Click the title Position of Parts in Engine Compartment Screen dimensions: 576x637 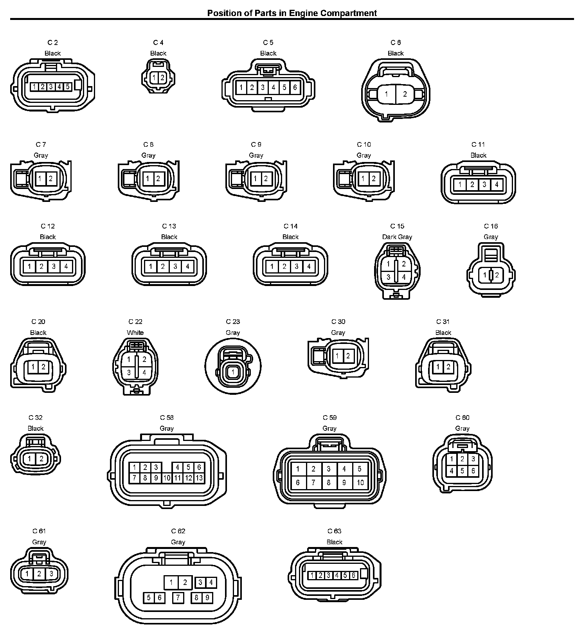(x=292, y=13)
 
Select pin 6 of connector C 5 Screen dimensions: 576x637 (x=295, y=88)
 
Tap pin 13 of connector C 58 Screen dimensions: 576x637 (x=199, y=477)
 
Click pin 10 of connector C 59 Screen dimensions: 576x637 (x=360, y=482)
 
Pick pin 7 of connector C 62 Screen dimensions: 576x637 (x=178, y=598)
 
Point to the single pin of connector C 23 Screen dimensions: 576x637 (x=233, y=372)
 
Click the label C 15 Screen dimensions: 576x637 (x=397, y=226)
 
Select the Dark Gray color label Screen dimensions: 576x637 (x=397, y=237)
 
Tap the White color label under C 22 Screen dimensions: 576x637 (x=135, y=333)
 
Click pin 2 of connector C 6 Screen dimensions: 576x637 (x=405, y=94)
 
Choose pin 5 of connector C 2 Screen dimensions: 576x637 (x=67, y=86)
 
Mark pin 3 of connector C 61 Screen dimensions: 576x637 (x=51, y=574)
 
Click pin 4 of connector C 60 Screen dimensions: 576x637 (x=452, y=471)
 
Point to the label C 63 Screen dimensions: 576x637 (x=334, y=531)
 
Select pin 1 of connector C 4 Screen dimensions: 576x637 (x=154, y=78)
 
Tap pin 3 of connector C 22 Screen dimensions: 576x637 (x=129, y=372)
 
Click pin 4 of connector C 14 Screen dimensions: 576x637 (x=309, y=267)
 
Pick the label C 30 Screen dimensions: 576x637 (x=338, y=322)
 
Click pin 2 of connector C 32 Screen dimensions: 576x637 (x=41, y=458)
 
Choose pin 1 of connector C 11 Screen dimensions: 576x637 (x=460, y=184)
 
